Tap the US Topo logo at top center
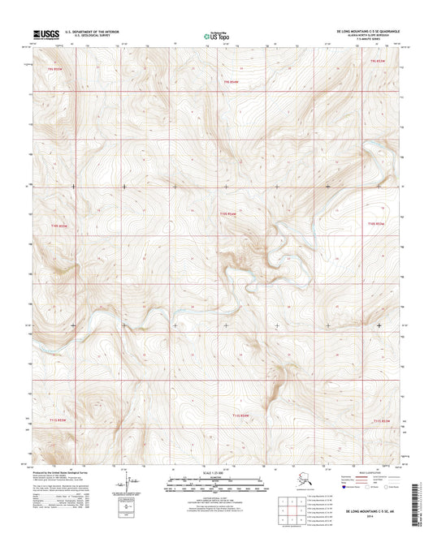tap(214, 35)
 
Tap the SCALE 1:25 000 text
tap(216, 471)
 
